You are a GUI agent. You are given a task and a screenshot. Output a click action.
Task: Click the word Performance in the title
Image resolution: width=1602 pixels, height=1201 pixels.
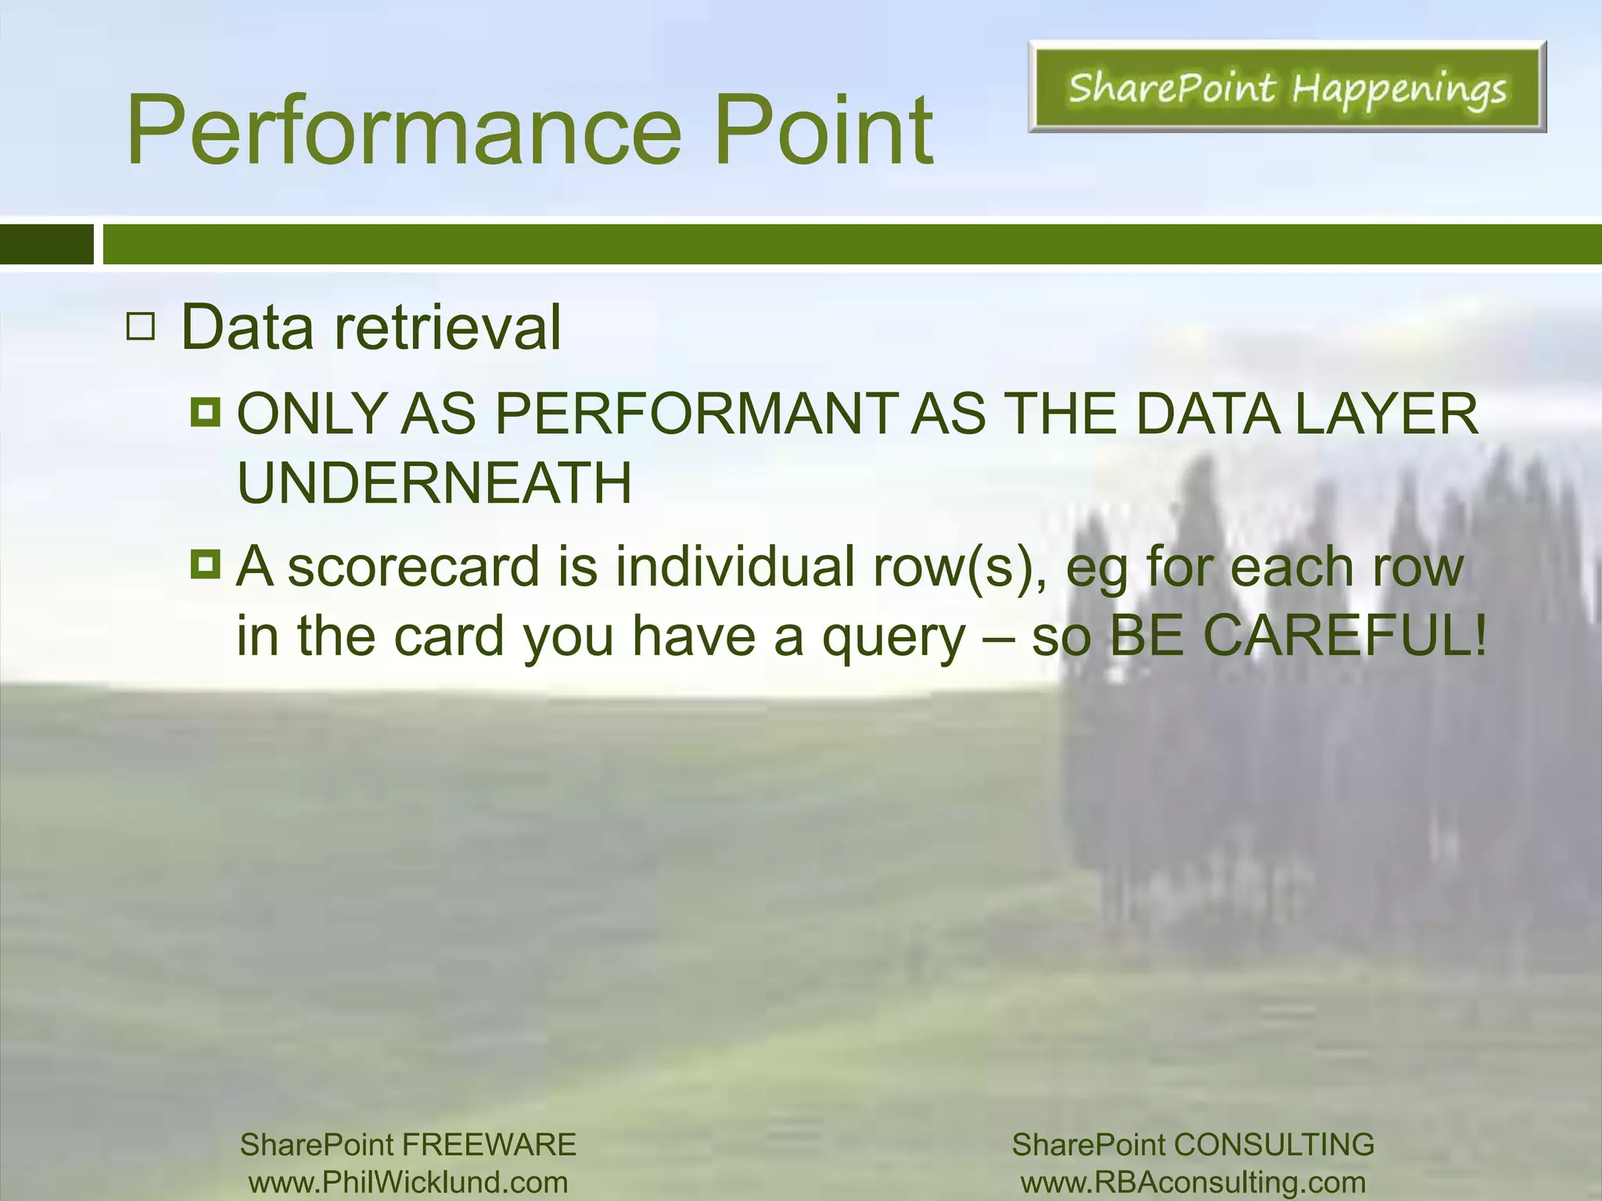coord(404,131)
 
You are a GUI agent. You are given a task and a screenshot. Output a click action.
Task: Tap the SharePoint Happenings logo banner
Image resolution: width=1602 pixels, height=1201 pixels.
coord(1287,88)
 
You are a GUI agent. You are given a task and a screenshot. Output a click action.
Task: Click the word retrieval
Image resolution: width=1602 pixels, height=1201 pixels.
coord(447,328)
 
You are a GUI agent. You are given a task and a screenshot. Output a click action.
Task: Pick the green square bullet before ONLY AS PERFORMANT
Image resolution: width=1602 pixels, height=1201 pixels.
coord(206,410)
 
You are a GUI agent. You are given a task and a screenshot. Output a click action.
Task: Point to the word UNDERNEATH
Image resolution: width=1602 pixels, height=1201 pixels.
coord(434,483)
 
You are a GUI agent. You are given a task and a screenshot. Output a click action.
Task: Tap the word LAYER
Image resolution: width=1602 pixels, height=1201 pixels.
coord(1386,414)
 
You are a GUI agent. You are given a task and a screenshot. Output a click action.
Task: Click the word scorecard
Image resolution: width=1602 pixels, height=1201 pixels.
coord(413,567)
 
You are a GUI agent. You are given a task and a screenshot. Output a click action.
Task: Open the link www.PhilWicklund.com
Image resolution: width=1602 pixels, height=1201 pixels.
coord(408,1182)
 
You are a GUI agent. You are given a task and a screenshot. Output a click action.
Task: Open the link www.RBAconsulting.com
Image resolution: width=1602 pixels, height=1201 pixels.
coord(1193,1182)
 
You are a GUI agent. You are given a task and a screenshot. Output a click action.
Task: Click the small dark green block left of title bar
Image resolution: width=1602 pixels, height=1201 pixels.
coord(46,245)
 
